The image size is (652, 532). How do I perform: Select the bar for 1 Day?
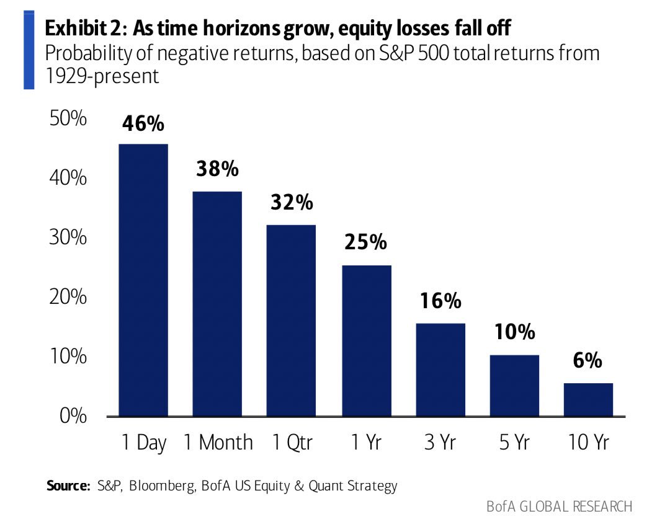click(143, 280)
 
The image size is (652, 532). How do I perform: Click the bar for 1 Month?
click(217, 304)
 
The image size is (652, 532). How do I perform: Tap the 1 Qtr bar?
click(291, 321)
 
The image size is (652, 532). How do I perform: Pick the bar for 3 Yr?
click(440, 370)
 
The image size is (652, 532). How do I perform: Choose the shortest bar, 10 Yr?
click(588, 400)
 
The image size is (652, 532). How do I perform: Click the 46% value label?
click(143, 123)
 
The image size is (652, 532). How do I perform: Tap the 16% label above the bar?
click(440, 301)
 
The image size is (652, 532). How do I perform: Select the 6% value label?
click(587, 361)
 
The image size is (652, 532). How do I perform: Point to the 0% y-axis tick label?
click(73, 416)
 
